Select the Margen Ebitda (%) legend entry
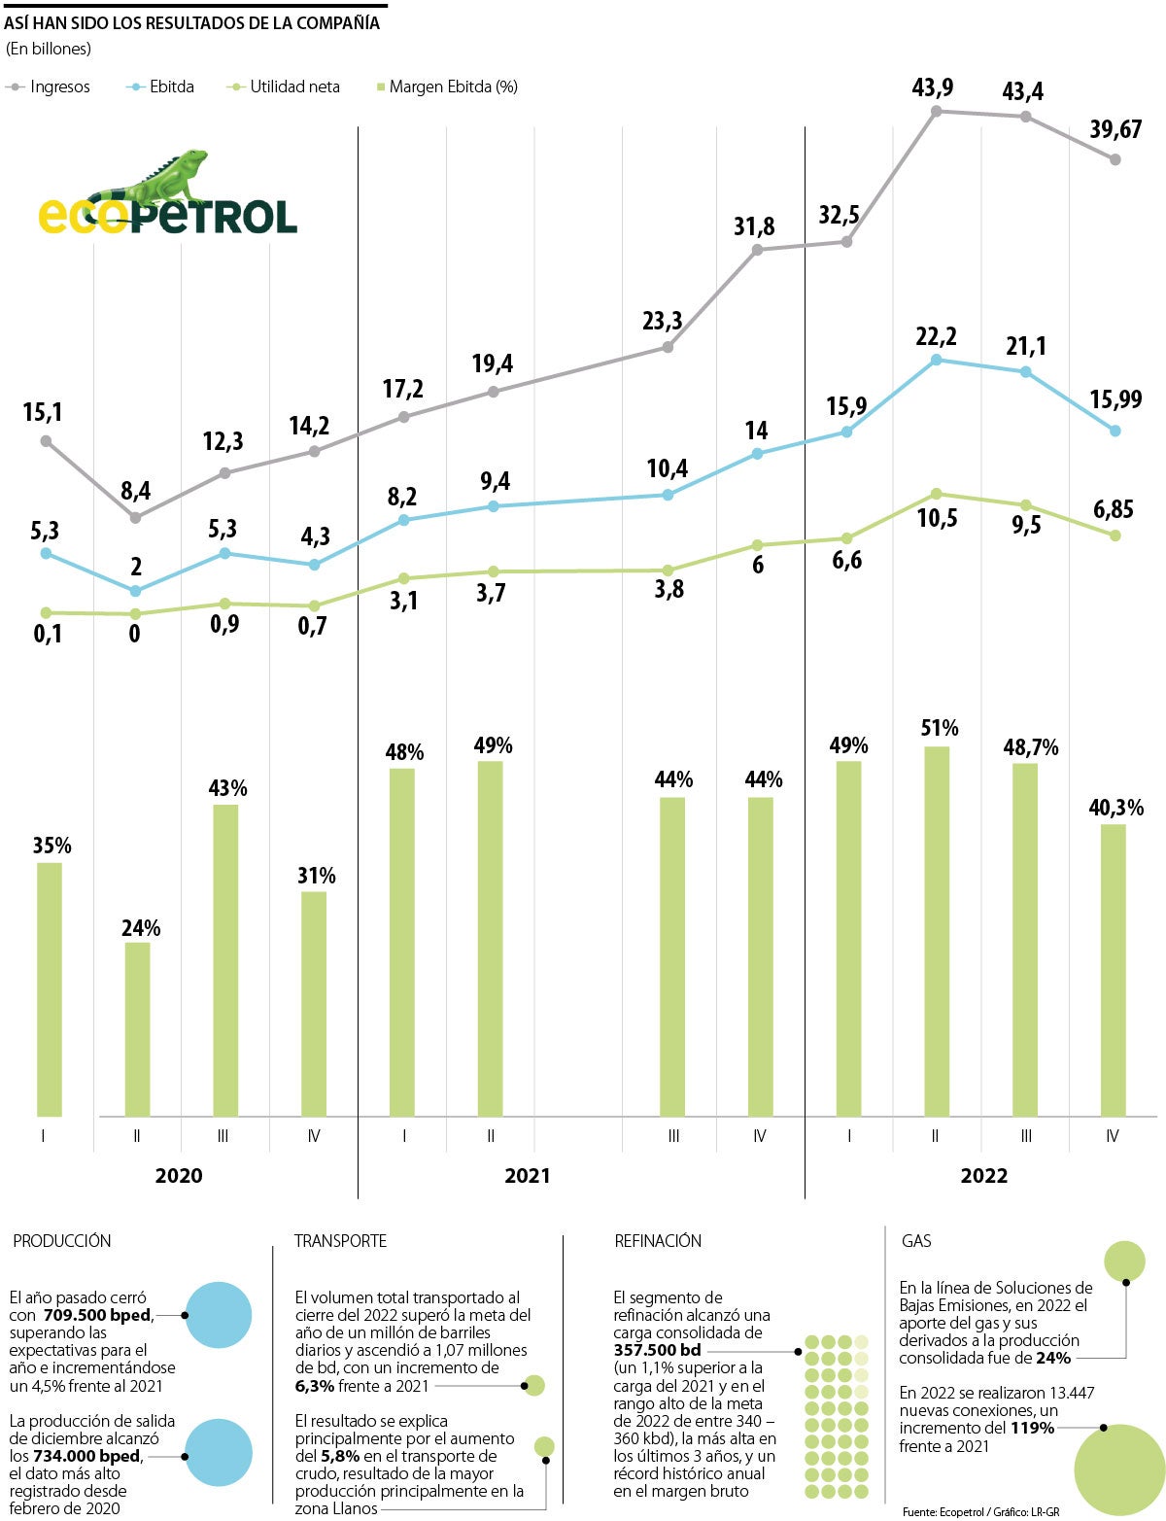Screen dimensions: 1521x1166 447,87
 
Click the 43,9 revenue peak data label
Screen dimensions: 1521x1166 933,87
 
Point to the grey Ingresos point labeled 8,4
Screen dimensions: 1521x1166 135,518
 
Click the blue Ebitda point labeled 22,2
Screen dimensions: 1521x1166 937,360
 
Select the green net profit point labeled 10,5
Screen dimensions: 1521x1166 937,494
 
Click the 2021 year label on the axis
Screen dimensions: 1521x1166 527,1176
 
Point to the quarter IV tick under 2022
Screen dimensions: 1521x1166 1113,1136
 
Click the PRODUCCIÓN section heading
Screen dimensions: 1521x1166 62,1241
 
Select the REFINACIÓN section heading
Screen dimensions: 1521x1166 658,1241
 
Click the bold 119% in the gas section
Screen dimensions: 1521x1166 1031,1429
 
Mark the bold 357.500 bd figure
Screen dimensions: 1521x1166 657,1351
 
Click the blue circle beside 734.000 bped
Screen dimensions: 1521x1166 218,1452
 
